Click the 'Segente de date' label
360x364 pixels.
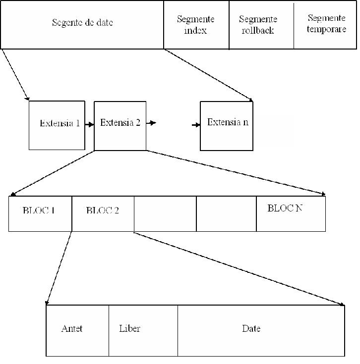82,22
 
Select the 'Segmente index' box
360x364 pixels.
196,25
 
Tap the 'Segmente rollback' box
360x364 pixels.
261,25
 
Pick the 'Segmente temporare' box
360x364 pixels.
325,25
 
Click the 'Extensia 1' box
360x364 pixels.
57,125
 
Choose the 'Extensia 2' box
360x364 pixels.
120,126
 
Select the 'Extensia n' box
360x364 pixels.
227,126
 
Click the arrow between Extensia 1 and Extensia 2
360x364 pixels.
89,125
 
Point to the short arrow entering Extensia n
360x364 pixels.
196,125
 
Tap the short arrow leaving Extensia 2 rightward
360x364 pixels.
151,123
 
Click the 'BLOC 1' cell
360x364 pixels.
40,214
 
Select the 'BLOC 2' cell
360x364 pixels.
103,214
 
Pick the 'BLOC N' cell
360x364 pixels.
291,214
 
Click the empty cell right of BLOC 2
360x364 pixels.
165,214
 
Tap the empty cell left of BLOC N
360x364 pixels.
227,214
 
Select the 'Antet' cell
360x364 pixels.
77,331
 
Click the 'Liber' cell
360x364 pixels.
143,331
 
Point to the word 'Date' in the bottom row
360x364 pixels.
251,328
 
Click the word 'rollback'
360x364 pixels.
258,30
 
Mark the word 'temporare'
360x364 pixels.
327,29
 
